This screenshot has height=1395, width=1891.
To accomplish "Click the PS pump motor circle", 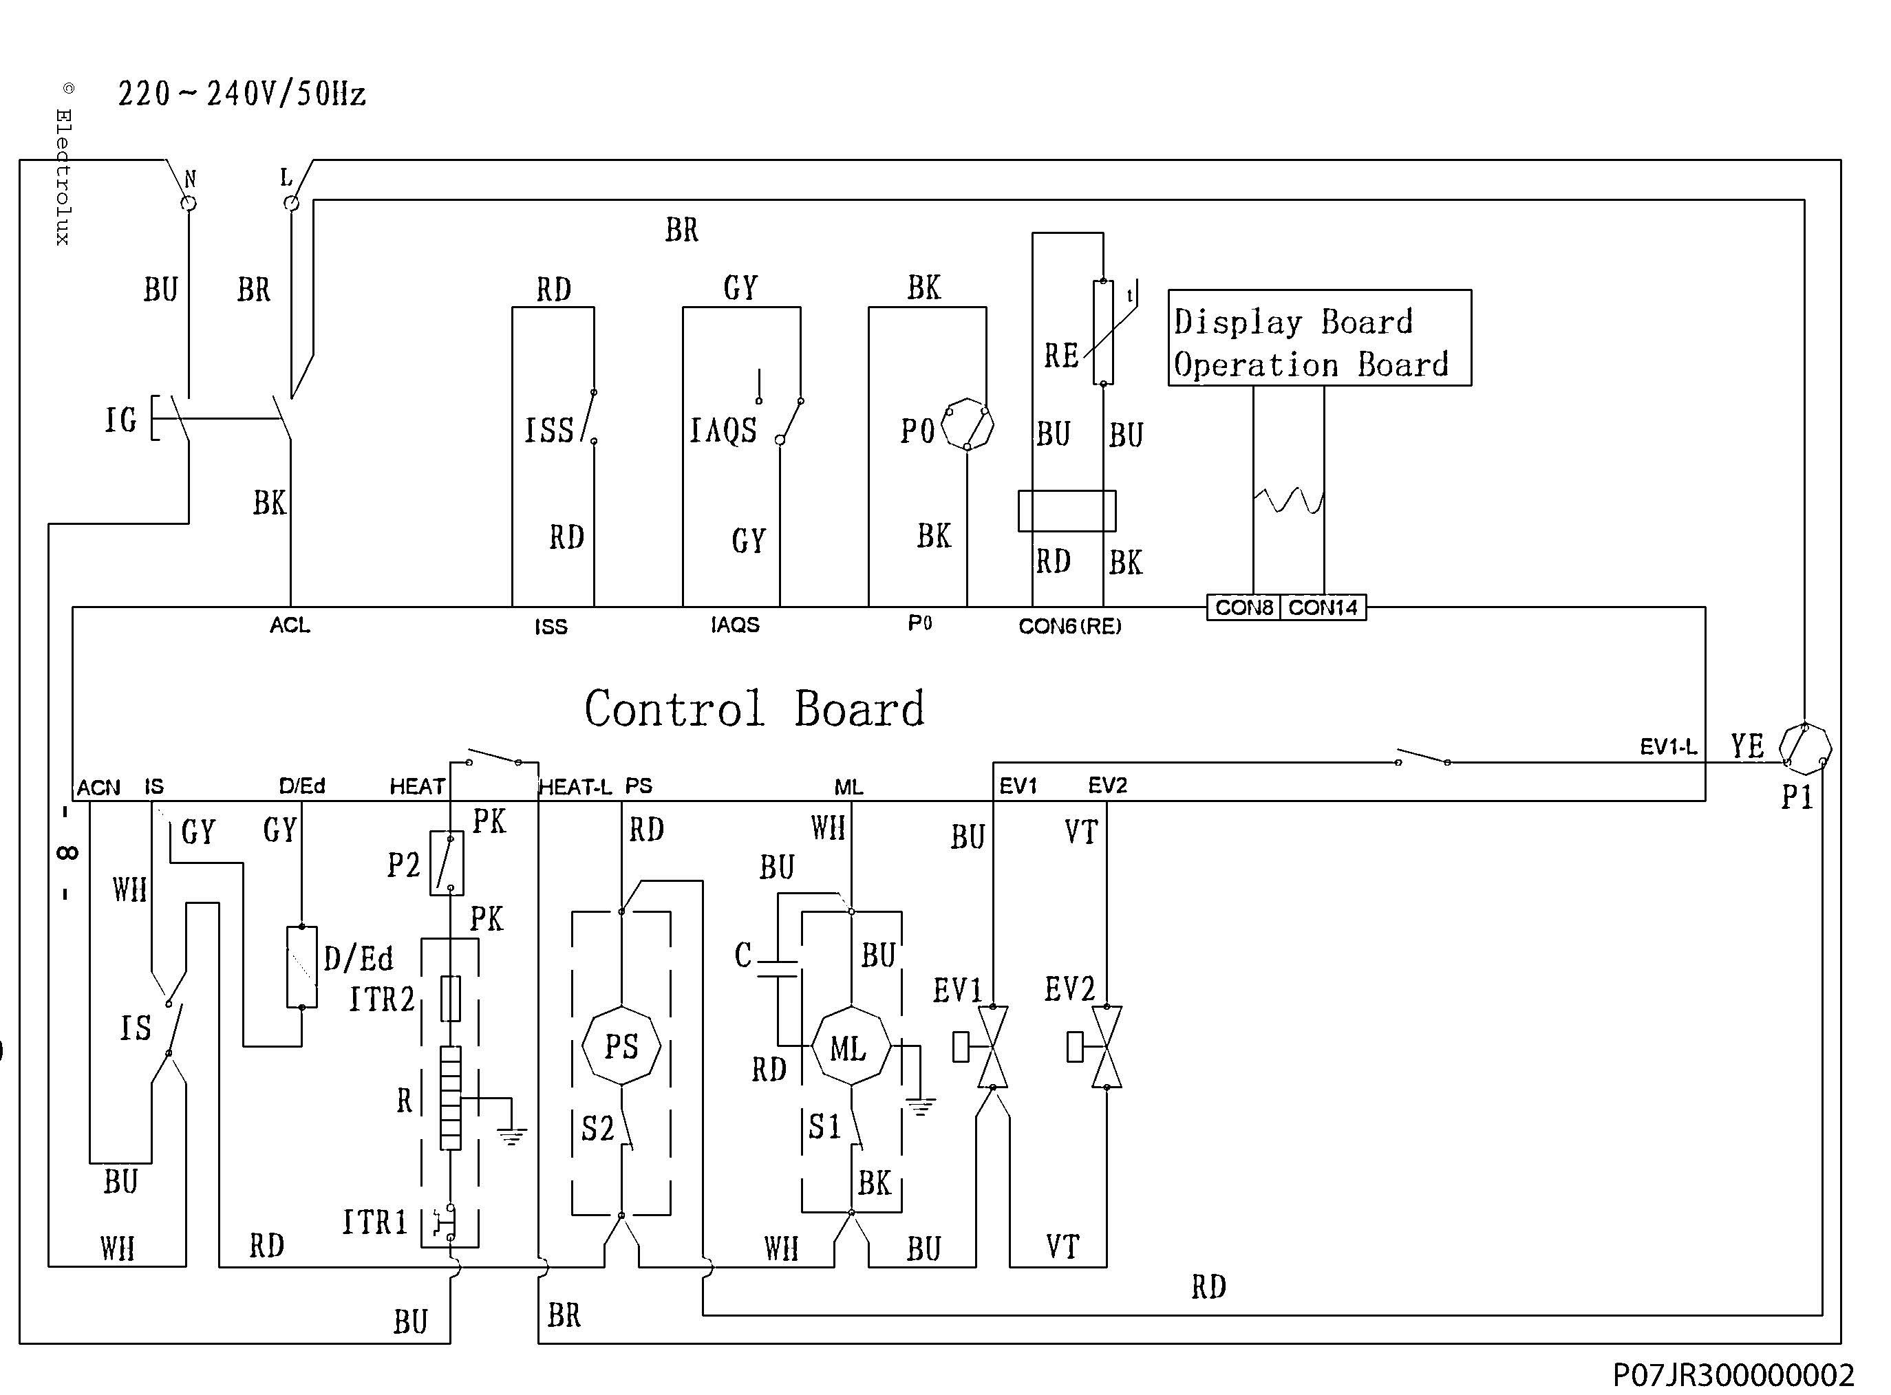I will (x=621, y=1046).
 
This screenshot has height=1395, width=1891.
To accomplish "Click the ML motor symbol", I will (x=851, y=1047).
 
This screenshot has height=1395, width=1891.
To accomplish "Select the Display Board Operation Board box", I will (x=1319, y=338).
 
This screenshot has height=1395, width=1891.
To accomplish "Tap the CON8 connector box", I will (x=1243, y=608).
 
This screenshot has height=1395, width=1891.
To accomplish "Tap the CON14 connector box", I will (x=1323, y=608).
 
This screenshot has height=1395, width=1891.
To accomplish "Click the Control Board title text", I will (x=754, y=708).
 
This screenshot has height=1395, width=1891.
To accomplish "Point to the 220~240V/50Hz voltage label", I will (x=242, y=94).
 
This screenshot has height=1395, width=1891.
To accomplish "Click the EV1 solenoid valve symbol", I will (x=992, y=1047).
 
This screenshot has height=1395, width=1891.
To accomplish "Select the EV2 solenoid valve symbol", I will (x=1107, y=1047).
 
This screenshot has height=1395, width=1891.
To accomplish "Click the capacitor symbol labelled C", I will (x=778, y=969).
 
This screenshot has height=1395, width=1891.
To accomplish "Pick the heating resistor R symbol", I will (x=451, y=1098).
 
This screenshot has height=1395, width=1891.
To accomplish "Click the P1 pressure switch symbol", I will (x=1805, y=748).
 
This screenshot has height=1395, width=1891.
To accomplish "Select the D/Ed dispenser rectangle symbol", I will (x=301, y=967).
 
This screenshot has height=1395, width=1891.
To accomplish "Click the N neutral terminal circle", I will (x=189, y=204).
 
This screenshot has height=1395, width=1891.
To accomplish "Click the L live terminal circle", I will (x=290, y=204).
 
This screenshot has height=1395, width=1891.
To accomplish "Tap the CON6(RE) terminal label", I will (x=1069, y=627).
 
